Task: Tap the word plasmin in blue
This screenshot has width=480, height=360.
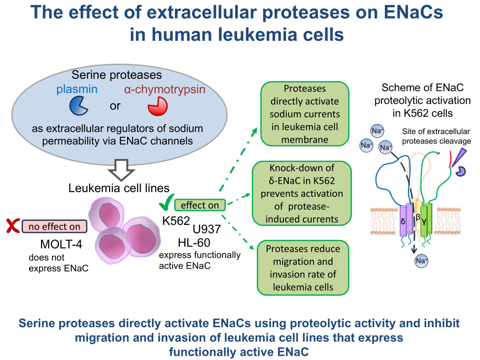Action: pyautogui.click(x=78, y=89)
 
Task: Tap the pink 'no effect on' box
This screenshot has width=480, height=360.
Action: pyautogui.click(x=54, y=227)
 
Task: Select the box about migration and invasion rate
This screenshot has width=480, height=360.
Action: pyautogui.click(x=302, y=268)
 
